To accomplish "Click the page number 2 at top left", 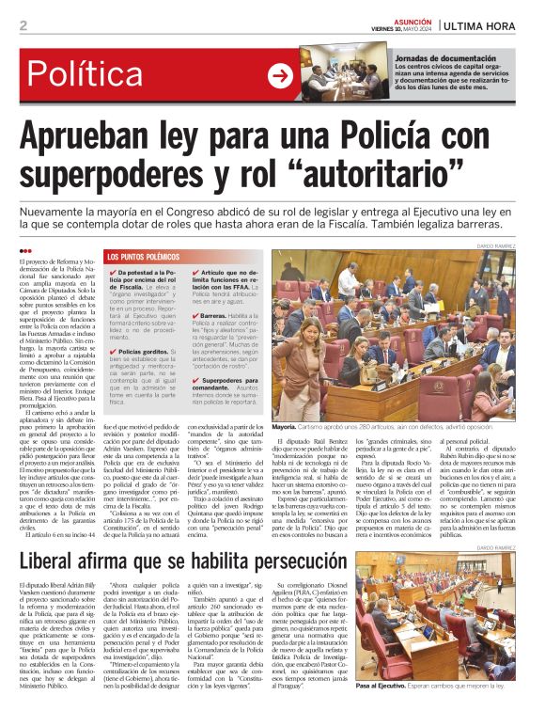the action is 23,25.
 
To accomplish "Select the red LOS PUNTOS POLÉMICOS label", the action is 141,257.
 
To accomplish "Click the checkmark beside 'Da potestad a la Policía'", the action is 113,273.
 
